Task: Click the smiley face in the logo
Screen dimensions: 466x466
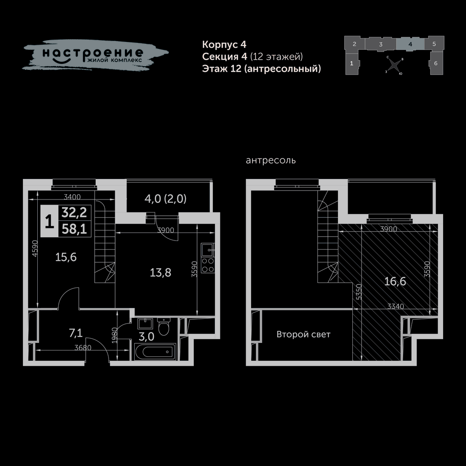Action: [62, 60]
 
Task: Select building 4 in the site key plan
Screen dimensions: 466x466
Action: [410, 44]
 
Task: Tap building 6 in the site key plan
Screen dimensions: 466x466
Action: [436, 63]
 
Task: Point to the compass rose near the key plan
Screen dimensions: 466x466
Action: [394, 65]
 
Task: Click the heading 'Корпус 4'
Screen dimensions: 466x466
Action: [224, 44]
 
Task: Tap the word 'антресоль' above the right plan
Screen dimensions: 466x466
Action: [271, 160]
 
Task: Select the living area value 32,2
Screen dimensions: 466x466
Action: [74, 212]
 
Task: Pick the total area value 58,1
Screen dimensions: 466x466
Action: [74, 229]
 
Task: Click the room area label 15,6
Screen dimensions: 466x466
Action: [66, 257]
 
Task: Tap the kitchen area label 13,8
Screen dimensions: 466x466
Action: [160, 273]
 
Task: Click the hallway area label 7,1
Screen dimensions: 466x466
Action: [76, 333]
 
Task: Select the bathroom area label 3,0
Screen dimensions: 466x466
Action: [146, 337]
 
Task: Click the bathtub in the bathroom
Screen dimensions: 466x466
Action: [155, 352]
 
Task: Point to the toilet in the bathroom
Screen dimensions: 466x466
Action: [163, 326]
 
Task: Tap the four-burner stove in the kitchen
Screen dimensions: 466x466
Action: [207, 265]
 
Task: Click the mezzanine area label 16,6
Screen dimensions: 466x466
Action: [395, 281]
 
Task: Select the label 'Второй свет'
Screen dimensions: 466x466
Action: [303, 334]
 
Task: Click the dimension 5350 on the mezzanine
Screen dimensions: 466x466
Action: [359, 292]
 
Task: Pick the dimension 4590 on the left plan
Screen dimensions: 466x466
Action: [35, 248]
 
